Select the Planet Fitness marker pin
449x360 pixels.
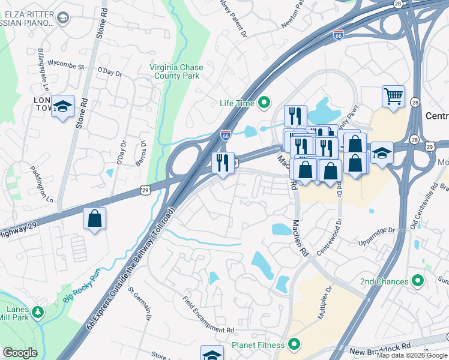click(294, 344)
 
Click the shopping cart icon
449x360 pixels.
click(393, 96)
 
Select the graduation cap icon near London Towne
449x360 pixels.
click(62, 106)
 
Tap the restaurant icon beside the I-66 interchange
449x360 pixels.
click(223, 162)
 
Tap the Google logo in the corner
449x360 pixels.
click(20, 353)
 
